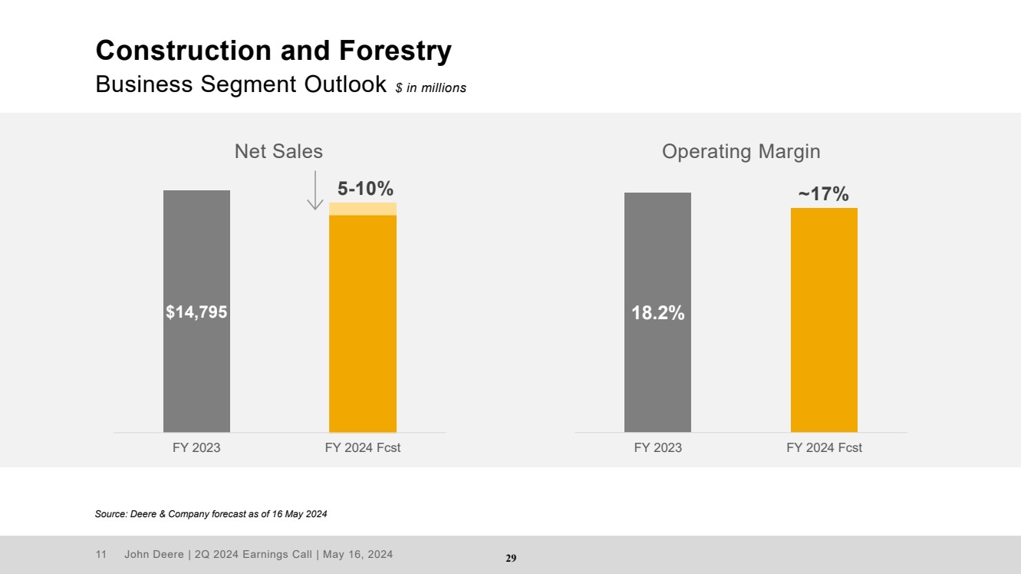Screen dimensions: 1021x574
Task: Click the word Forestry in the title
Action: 395,51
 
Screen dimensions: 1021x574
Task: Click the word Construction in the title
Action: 183,50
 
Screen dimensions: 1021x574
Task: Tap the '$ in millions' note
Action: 431,87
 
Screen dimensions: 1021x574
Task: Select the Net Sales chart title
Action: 278,151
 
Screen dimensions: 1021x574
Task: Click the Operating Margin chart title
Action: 741,152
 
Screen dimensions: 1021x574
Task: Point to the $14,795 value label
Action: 196,312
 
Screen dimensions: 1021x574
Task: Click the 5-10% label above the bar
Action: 365,188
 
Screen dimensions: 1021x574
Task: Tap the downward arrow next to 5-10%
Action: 315,190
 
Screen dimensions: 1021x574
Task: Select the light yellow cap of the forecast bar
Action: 363,209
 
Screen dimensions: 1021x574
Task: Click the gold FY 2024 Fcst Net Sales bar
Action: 363,324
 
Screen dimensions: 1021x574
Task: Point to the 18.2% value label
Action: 657,313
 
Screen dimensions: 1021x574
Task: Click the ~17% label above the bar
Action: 824,194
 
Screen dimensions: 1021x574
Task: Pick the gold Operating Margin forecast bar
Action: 824,320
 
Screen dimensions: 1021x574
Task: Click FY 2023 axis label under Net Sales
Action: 196,447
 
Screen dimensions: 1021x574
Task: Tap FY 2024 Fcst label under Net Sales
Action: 363,447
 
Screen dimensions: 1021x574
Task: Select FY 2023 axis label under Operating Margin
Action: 657,447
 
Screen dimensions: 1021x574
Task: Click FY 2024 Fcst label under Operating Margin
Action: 824,447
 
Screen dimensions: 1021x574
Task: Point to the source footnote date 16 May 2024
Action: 299,514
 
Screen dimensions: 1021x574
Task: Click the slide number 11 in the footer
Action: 100,554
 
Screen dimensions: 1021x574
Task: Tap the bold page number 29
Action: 511,558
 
